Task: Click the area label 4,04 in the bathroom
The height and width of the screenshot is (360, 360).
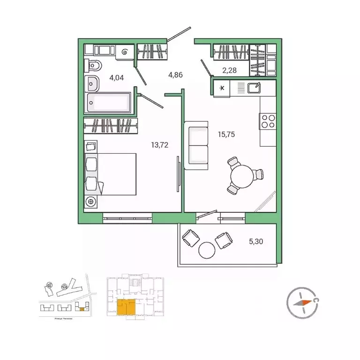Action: click(116, 78)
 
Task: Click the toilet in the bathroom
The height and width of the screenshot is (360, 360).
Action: click(93, 66)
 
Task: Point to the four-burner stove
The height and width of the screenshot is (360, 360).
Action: click(268, 121)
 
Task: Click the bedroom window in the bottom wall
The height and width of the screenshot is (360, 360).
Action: click(127, 217)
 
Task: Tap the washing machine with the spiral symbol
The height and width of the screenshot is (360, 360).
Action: click(125, 52)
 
